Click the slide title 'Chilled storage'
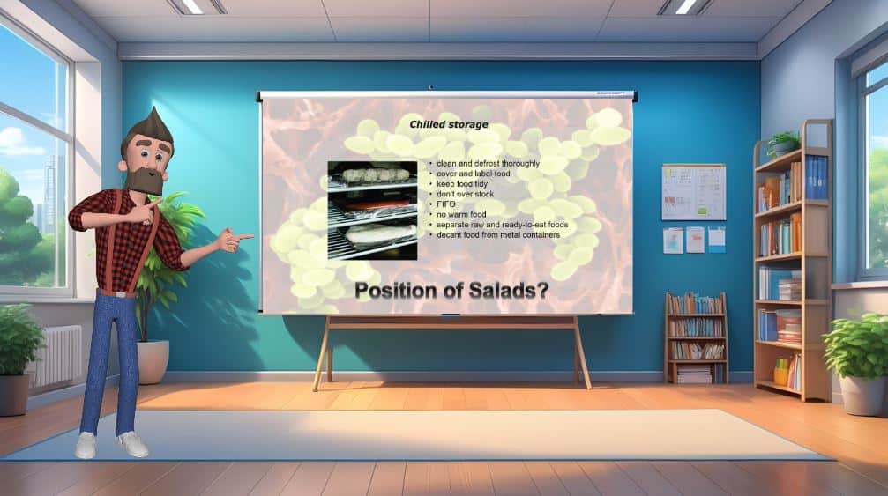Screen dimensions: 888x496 (449, 124)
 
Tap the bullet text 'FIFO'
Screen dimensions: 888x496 (445, 204)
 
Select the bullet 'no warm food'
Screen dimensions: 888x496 (461, 214)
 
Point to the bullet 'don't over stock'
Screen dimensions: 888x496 (465, 194)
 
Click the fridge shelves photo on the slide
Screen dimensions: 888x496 (373, 211)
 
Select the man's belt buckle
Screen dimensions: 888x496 (119, 294)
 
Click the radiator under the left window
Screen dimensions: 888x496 (56, 356)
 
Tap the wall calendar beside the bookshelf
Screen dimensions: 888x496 (694, 192)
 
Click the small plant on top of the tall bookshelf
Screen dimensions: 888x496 (783, 144)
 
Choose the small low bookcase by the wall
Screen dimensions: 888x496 (696, 337)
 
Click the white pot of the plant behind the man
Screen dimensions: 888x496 (153, 361)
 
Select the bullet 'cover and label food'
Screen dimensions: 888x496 (473, 174)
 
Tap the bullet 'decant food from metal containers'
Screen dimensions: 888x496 (498, 234)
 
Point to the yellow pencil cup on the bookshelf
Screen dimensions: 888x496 (781, 374)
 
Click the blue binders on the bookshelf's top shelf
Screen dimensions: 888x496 (816, 178)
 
